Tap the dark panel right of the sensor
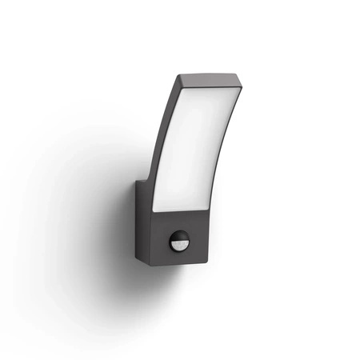(x=200, y=245)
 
